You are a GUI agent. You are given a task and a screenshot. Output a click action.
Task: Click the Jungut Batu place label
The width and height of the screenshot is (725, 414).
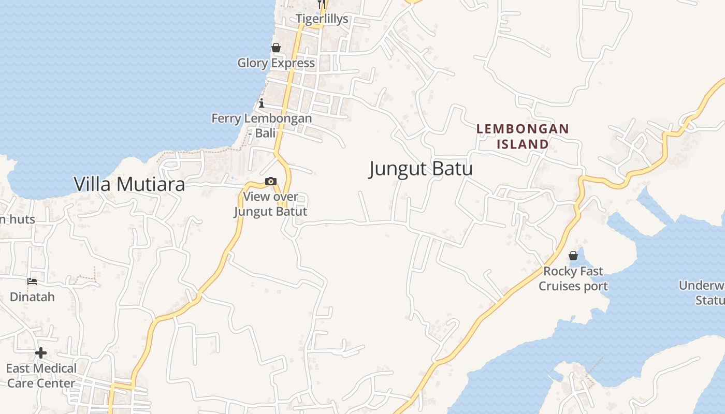421,169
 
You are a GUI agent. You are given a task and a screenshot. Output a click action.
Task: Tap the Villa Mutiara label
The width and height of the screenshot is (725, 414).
129,184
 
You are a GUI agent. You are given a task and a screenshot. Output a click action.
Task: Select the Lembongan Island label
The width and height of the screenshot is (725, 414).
523,136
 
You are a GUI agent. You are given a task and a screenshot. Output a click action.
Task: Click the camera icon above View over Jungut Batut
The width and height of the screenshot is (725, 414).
270,182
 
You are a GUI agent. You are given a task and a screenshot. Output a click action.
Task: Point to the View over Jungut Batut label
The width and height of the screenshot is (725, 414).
270,204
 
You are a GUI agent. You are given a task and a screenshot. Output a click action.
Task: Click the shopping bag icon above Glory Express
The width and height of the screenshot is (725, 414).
276,48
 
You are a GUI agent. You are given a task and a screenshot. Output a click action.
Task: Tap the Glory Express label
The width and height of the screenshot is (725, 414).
276,63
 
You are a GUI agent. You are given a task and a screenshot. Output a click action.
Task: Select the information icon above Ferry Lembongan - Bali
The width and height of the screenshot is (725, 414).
262,103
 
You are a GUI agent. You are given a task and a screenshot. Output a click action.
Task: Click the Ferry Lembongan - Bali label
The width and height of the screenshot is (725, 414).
262,125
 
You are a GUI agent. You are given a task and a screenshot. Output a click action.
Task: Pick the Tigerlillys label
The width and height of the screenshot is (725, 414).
322,19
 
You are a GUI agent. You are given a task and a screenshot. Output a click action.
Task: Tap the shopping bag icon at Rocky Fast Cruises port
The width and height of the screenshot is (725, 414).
573,256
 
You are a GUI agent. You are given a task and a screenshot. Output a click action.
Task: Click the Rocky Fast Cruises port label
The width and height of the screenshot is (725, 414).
573,278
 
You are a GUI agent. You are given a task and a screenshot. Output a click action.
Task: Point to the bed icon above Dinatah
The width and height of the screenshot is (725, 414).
32,282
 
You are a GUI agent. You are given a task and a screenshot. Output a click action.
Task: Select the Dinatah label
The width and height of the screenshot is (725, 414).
32,297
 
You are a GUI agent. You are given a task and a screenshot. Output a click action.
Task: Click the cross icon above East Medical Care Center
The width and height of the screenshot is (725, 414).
41,353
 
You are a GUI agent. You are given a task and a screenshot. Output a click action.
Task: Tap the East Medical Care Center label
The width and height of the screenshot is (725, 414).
41,376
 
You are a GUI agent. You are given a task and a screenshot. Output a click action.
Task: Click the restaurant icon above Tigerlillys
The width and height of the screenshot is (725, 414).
322,4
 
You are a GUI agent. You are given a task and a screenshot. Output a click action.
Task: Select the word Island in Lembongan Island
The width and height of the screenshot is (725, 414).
523,144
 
